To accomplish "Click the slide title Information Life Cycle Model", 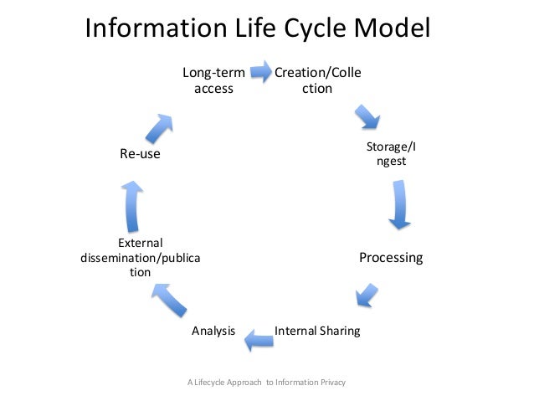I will [258, 29].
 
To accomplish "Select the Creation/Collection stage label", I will [318, 80].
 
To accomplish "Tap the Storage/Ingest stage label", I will [391, 154].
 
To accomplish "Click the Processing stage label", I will [391, 257].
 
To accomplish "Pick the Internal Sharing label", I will [317, 331].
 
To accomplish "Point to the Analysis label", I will [213, 331].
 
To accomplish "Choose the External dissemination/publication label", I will [140, 258].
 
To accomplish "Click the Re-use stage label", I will [140, 155].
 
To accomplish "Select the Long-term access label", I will [213, 80].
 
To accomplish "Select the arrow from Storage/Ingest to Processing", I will [400, 205].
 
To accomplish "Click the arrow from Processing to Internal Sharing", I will [365, 294].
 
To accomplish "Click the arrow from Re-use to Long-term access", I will [160, 126].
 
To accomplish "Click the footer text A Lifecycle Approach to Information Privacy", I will [267, 383].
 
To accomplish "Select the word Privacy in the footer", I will [331, 383].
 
